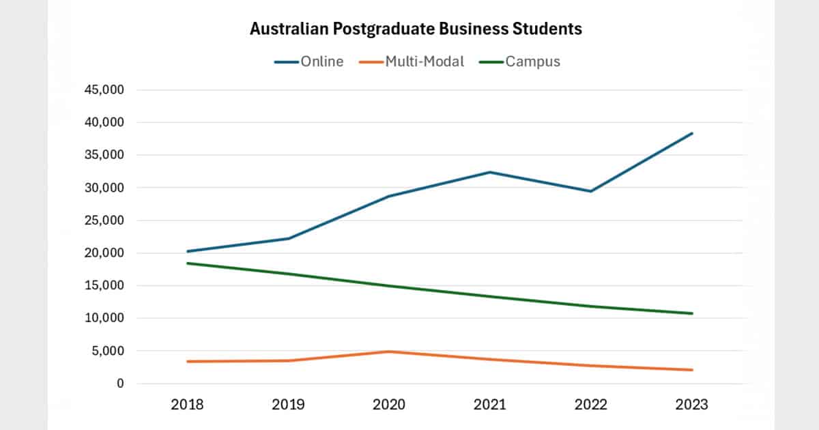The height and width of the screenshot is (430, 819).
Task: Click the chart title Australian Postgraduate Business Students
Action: (x=416, y=29)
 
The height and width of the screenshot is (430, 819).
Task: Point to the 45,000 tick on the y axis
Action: (x=104, y=90)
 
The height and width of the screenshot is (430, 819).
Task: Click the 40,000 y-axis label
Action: (x=104, y=123)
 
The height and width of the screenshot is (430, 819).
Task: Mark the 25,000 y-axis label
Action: (x=104, y=220)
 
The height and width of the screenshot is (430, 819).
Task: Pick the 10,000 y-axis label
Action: (x=104, y=318)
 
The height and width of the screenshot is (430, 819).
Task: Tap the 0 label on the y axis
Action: (x=120, y=384)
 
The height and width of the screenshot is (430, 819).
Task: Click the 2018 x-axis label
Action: (x=187, y=405)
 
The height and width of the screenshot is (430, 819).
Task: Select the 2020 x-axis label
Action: (x=389, y=405)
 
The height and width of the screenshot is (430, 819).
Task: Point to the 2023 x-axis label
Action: (x=692, y=405)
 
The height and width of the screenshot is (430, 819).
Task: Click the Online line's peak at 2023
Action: (x=692, y=133)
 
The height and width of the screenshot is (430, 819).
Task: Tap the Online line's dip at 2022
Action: (x=591, y=191)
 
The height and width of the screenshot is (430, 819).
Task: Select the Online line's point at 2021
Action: (x=490, y=172)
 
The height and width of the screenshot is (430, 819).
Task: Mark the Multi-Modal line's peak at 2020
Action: (x=389, y=352)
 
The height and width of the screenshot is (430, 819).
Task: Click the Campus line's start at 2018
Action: (x=187, y=263)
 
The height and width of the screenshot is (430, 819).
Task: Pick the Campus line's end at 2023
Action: (x=692, y=313)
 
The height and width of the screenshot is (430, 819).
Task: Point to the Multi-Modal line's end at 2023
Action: (x=692, y=370)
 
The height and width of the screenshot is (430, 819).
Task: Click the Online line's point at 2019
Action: (x=288, y=238)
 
